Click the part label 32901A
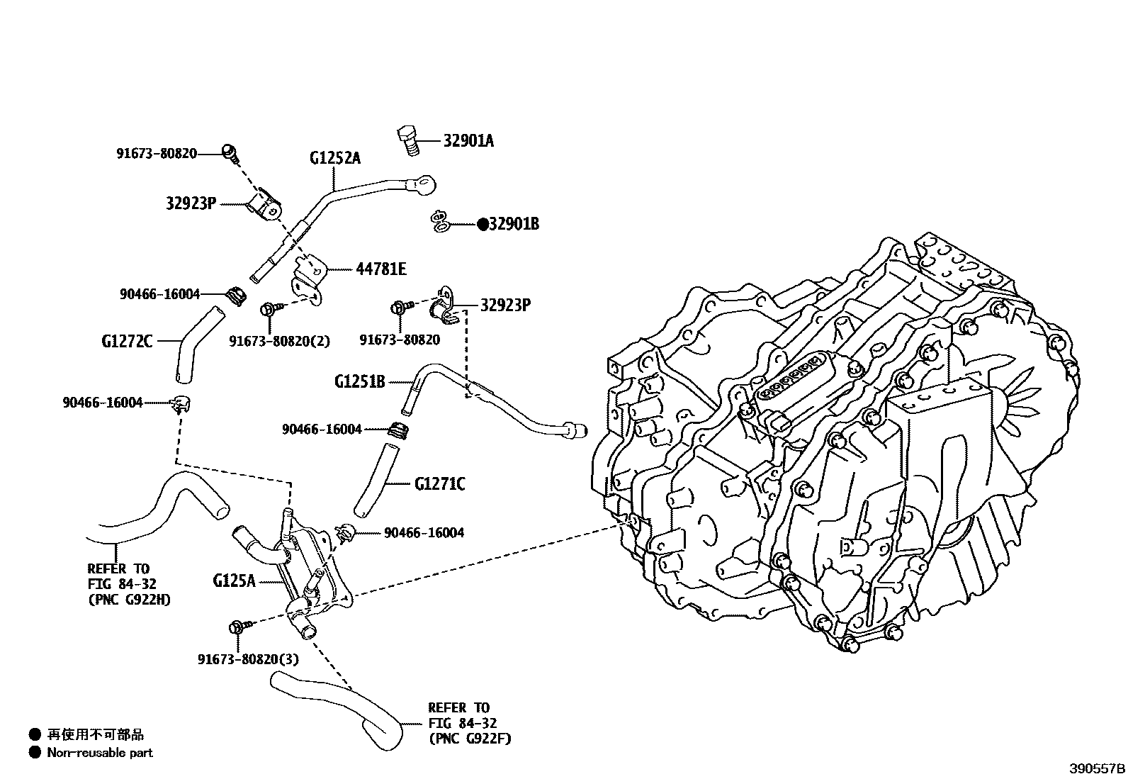(x=468, y=140)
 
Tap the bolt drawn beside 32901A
(x=408, y=140)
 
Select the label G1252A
(x=335, y=157)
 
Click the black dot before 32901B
(x=483, y=224)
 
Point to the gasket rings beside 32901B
(x=440, y=222)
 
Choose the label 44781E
(x=380, y=269)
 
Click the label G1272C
(x=127, y=341)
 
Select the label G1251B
(x=359, y=381)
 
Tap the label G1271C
(x=439, y=484)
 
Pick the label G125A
(x=233, y=581)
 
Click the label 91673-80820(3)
(x=248, y=659)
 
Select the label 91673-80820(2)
(x=279, y=341)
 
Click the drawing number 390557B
(x=1097, y=768)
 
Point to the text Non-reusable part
(x=99, y=753)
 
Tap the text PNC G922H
(x=130, y=600)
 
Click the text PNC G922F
(x=470, y=739)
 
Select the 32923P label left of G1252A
(x=191, y=203)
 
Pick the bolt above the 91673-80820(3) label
(x=237, y=627)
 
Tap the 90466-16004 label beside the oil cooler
(x=424, y=532)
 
